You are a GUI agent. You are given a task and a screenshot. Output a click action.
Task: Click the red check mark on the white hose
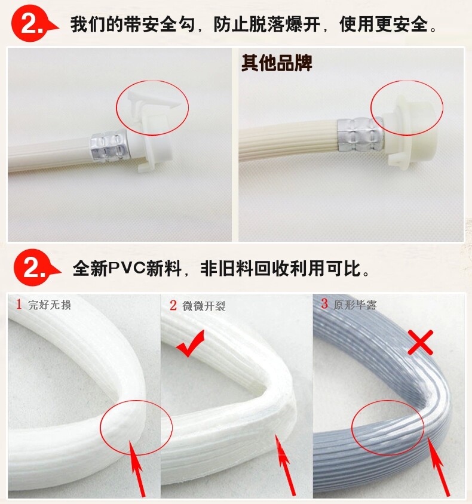[x=191, y=345]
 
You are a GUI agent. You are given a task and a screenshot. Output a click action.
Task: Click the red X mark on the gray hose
[x=420, y=342]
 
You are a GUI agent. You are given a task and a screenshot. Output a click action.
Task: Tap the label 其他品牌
[x=277, y=63]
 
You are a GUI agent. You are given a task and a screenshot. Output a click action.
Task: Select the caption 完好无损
[x=50, y=305]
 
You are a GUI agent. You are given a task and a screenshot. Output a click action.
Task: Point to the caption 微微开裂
[x=204, y=306]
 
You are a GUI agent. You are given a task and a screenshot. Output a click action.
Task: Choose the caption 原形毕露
[x=355, y=305]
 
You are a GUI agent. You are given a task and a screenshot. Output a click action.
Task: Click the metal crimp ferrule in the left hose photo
[x=108, y=146]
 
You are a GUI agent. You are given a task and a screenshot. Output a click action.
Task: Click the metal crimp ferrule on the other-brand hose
[x=360, y=134]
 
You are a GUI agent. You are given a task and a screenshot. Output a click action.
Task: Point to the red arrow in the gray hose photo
[x=439, y=465]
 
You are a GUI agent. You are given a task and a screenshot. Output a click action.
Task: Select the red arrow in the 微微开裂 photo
[x=285, y=464]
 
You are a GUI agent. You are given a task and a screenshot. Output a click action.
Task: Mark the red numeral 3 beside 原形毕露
[x=324, y=304]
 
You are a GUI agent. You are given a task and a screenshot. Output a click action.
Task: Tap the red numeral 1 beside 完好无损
[x=19, y=304]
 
